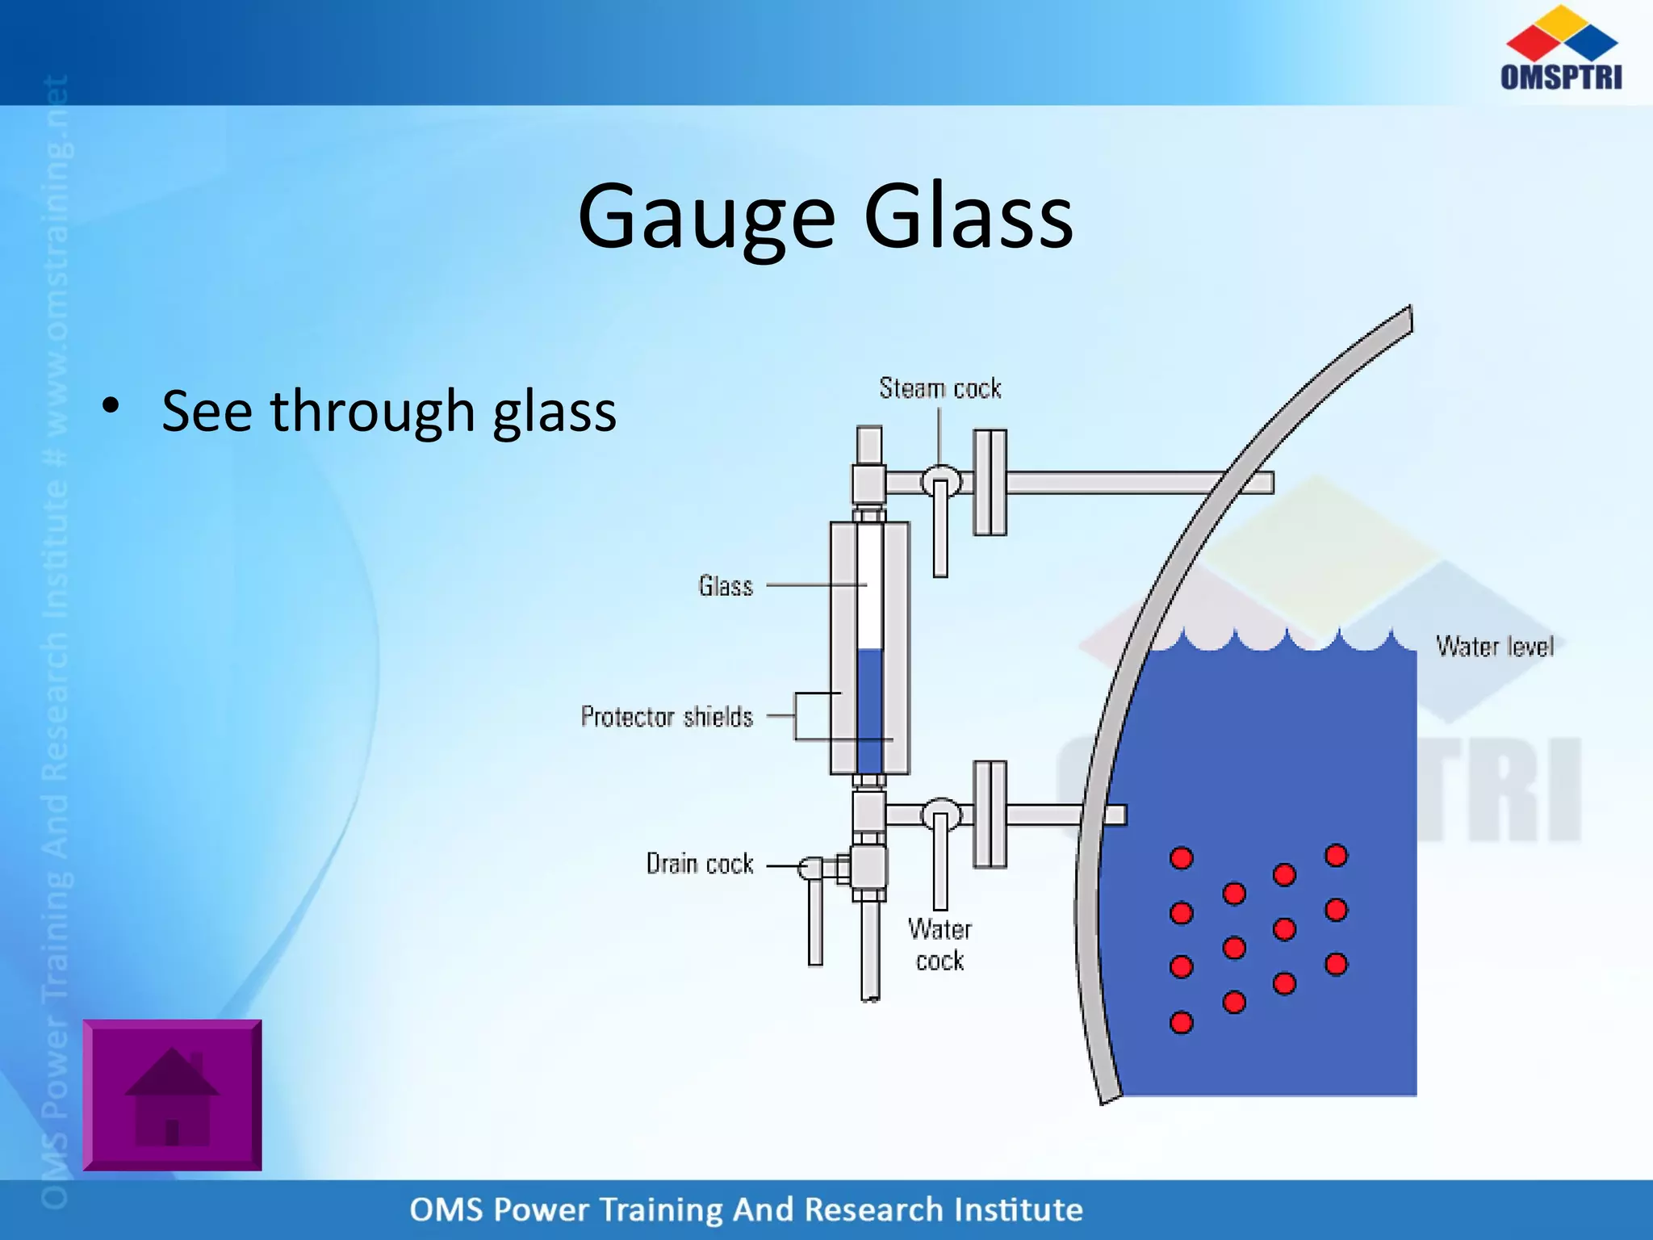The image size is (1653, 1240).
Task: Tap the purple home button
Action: (172, 1095)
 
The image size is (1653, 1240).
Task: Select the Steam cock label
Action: (939, 388)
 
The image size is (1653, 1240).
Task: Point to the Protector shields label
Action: (667, 717)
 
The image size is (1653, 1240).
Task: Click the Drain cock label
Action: (700, 864)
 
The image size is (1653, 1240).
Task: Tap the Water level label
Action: (1494, 647)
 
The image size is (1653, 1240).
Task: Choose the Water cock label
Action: (939, 945)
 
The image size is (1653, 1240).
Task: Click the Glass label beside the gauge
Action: (726, 585)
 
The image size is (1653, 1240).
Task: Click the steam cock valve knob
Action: (941, 482)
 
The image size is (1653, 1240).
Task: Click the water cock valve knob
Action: (941, 814)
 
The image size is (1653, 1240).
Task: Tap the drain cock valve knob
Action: (810, 869)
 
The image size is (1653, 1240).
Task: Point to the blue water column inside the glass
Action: (869, 710)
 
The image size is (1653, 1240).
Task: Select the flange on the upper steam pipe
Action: (990, 482)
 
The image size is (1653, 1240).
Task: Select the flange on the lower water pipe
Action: (990, 814)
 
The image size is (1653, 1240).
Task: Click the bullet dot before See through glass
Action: (111, 406)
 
